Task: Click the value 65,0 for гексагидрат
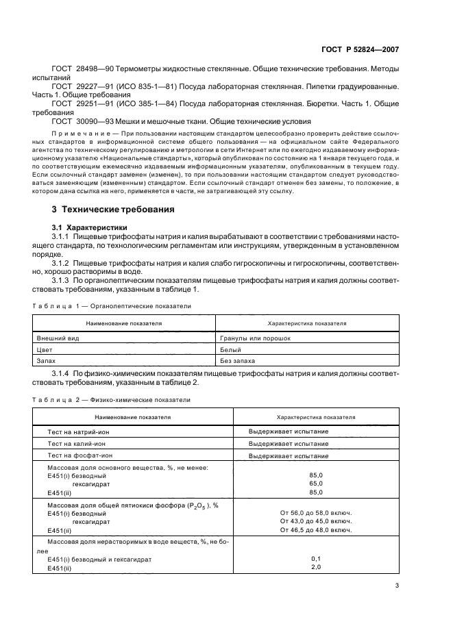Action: point(316,483)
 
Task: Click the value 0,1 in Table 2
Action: point(316,558)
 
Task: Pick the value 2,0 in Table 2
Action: point(316,567)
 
